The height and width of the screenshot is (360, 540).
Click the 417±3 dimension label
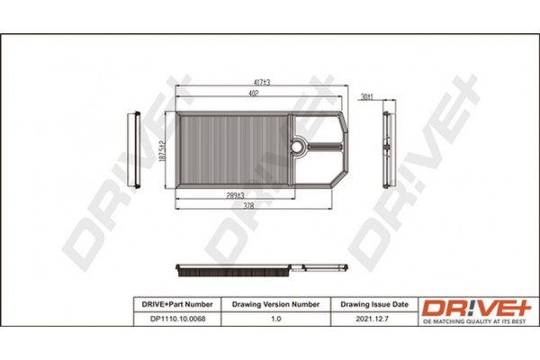261,82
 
